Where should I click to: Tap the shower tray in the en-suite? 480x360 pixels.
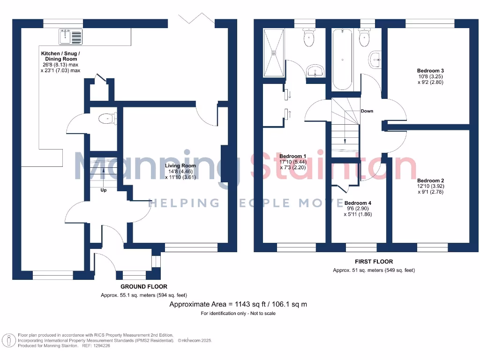coord(273,52)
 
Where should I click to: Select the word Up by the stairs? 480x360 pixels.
coord(104,190)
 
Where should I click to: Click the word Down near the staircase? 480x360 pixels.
coord(367,111)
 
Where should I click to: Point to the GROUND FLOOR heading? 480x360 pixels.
coord(143,286)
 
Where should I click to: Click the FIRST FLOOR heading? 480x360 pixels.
coord(374,262)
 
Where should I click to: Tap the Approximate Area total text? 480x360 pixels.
coord(238,304)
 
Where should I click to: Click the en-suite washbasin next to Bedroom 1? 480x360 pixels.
coord(316,72)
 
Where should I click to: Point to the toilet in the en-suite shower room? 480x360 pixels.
coord(309,38)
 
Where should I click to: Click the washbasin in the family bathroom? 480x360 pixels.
coord(375,59)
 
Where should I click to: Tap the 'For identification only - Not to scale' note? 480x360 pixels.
coord(238,313)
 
